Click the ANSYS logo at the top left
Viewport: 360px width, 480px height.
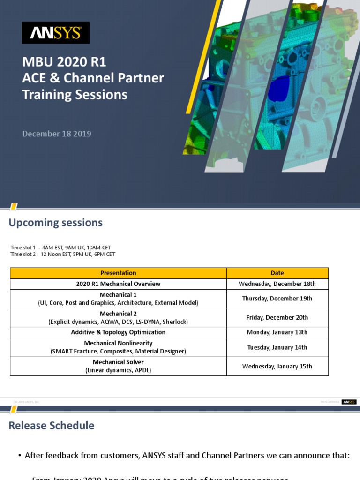click(x=56, y=32)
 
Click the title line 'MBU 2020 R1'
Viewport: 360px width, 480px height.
click(x=67, y=62)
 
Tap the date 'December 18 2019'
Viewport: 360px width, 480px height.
click(x=57, y=134)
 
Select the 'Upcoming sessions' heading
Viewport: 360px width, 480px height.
click(x=55, y=223)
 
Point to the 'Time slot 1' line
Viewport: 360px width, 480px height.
click(x=60, y=247)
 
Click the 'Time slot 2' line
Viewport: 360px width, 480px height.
click(x=62, y=254)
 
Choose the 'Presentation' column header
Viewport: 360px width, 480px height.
click(x=118, y=273)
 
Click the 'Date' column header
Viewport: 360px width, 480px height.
click(x=277, y=273)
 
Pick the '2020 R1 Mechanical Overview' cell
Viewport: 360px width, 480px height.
click(x=118, y=284)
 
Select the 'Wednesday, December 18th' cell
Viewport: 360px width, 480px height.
click(x=277, y=284)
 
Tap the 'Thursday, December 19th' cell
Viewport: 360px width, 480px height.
click(x=277, y=299)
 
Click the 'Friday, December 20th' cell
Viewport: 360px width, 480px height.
click(x=277, y=317)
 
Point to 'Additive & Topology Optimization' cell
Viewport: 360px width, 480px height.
click(x=118, y=332)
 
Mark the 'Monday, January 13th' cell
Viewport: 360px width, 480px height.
click(x=277, y=332)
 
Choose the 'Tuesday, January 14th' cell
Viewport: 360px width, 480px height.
click(x=277, y=347)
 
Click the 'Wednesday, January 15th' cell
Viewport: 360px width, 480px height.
click(x=277, y=366)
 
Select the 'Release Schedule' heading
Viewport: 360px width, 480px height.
click(x=52, y=426)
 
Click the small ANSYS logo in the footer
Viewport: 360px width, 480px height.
click(x=349, y=402)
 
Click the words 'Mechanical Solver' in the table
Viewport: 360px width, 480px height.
click(x=118, y=362)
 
